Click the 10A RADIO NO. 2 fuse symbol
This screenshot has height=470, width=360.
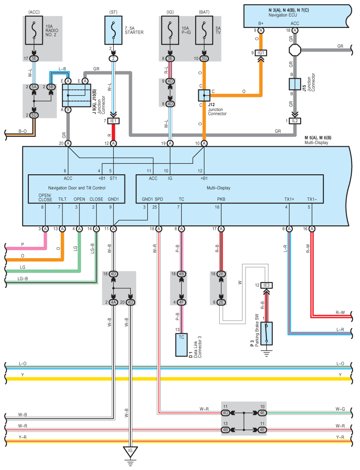pos(34,30)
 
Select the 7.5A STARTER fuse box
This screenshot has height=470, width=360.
pos(113,30)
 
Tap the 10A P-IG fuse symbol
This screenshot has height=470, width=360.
pos(170,30)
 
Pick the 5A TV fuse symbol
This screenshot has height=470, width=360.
pos(204,30)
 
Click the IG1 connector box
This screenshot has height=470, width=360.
pos(261,53)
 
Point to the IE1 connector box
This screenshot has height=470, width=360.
pos(113,121)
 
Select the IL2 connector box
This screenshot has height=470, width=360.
pos(295,121)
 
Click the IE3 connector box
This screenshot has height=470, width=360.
pos(267,285)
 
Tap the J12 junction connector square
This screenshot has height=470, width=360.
pos(204,96)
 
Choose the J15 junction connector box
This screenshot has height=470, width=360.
pos(295,84)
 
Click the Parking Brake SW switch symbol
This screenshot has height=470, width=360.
pos(267,334)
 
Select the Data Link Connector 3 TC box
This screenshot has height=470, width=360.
pos(181,345)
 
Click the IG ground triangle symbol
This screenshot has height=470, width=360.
pos(130,452)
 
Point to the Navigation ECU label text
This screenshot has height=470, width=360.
pos(283,15)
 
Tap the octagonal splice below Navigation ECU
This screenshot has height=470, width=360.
pos(295,50)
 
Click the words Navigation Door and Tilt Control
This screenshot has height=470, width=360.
pos(77,188)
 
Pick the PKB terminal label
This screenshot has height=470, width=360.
pos(221,199)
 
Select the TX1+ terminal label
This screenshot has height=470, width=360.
pos(289,199)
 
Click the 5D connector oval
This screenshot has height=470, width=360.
pos(34,115)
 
